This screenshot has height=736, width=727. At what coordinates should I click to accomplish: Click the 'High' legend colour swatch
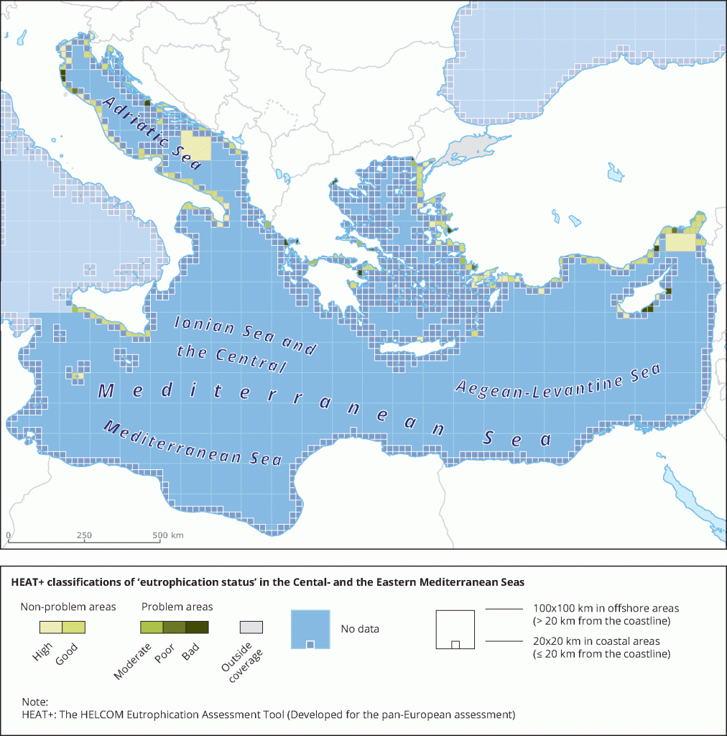click(50, 627)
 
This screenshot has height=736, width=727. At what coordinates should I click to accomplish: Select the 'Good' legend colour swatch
click(74, 627)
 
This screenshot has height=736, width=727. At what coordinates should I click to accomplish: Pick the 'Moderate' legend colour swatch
click(151, 627)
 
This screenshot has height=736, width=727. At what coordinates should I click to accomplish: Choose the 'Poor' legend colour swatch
click(174, 627)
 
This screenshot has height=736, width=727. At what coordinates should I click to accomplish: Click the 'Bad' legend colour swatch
click(197, 627)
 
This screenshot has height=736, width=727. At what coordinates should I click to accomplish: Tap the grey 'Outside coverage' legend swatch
click(251, 627)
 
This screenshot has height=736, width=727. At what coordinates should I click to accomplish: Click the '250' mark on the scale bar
click(84, 535)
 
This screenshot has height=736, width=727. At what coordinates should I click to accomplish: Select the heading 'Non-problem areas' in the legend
click(68, 607)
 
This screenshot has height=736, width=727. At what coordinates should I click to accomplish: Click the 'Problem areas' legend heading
click(177, 607)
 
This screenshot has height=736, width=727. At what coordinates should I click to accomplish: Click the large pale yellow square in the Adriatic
click(196, 146)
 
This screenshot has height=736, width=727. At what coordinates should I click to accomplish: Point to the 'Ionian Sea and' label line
click(246, 336)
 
